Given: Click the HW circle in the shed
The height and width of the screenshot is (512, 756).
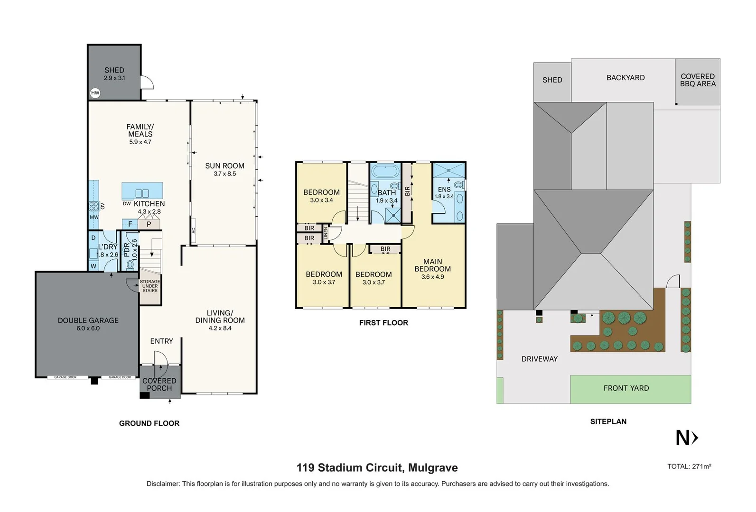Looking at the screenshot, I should click(95, 93).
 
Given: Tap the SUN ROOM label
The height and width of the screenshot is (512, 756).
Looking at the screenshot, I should click(224, 166).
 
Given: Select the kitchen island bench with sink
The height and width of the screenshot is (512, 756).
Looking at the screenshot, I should click(142, 191).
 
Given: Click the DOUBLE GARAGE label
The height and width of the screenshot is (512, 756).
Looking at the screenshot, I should click(88, 320).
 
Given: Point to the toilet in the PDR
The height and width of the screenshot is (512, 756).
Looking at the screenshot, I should click(130, 265).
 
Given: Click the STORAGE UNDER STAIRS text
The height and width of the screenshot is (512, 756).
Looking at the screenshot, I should click(150, 286).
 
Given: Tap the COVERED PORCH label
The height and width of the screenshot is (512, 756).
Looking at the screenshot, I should click(159, 384).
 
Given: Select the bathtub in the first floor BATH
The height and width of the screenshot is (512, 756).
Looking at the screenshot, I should click(385, 171).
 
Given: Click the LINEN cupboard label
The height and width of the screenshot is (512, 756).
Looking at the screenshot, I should click(326, 233).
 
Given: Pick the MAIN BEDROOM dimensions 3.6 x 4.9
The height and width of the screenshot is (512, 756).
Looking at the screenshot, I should click(432, 277).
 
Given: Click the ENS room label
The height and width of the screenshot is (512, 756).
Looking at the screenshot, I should click(444, 190).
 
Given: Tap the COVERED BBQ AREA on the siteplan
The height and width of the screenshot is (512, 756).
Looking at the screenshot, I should click(698, 80).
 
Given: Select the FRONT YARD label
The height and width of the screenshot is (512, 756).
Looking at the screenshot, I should click(626, 388).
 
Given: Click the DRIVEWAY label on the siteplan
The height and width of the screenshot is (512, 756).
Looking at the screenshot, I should click(539, 359).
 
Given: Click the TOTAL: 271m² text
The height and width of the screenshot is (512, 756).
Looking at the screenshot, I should click(689, 466).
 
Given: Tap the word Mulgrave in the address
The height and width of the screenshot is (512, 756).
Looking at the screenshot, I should click(433, 468).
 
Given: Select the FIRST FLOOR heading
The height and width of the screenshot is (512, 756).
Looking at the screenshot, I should click(383, 323).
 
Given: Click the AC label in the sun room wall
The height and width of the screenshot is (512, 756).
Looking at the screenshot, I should click(194, 230).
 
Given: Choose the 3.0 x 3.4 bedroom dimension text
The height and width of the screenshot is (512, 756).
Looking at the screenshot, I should click(321, 200).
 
